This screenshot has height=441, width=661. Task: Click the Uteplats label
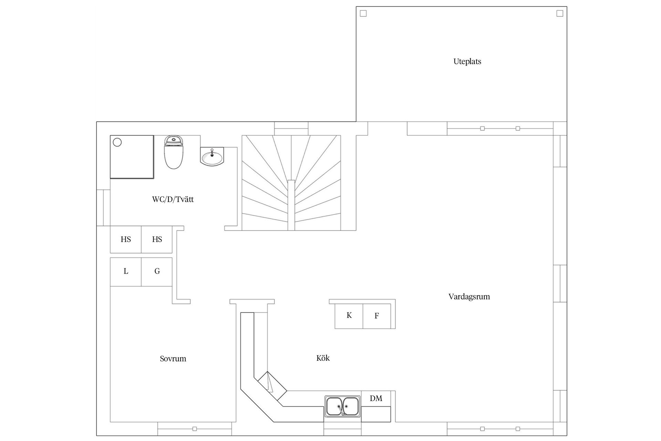(467, 62)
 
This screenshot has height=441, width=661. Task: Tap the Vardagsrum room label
(469, 297)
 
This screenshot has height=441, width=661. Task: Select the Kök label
(323, 358)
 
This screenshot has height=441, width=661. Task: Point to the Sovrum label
(173, 359)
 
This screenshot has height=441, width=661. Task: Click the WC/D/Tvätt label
(173, 199)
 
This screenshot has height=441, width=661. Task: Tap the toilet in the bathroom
(174, 152)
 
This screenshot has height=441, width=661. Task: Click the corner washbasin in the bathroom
(211, 157)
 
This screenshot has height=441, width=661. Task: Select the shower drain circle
(117, 142)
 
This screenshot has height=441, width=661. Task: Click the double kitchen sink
(342, 407)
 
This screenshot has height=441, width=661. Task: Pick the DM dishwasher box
(376, 399)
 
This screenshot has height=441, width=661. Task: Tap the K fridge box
(349, 316)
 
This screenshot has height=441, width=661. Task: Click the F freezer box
(377, 316)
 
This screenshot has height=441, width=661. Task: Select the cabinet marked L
(126, 271)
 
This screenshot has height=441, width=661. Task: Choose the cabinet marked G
(157, 271)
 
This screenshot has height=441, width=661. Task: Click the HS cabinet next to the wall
(126, 239)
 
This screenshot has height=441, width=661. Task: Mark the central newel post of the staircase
(291, 205)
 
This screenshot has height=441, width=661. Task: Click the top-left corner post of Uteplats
(363, 13)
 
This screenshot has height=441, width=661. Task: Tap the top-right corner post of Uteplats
(560, 13)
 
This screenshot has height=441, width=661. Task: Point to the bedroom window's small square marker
(195, 429)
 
